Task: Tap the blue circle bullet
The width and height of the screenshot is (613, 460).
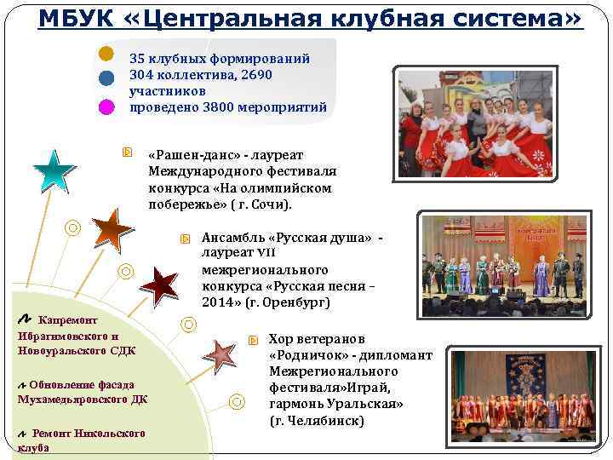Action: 106,79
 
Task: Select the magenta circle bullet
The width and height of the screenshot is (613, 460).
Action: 106,106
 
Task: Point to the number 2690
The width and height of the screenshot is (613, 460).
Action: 255,76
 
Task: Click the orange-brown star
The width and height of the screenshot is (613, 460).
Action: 110,228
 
